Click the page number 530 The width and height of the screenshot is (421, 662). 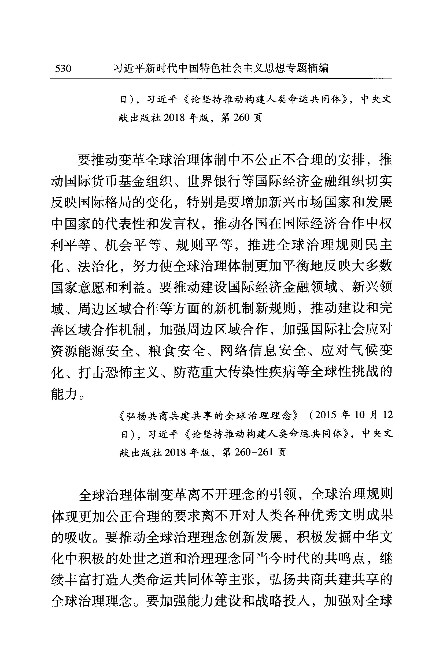[x=63, y=68]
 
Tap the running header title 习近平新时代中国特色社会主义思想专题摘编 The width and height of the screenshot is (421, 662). [x=221, y=68]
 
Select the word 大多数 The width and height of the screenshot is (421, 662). [x=372, y=266]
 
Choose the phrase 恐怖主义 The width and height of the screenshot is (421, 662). [x=132, y=372]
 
